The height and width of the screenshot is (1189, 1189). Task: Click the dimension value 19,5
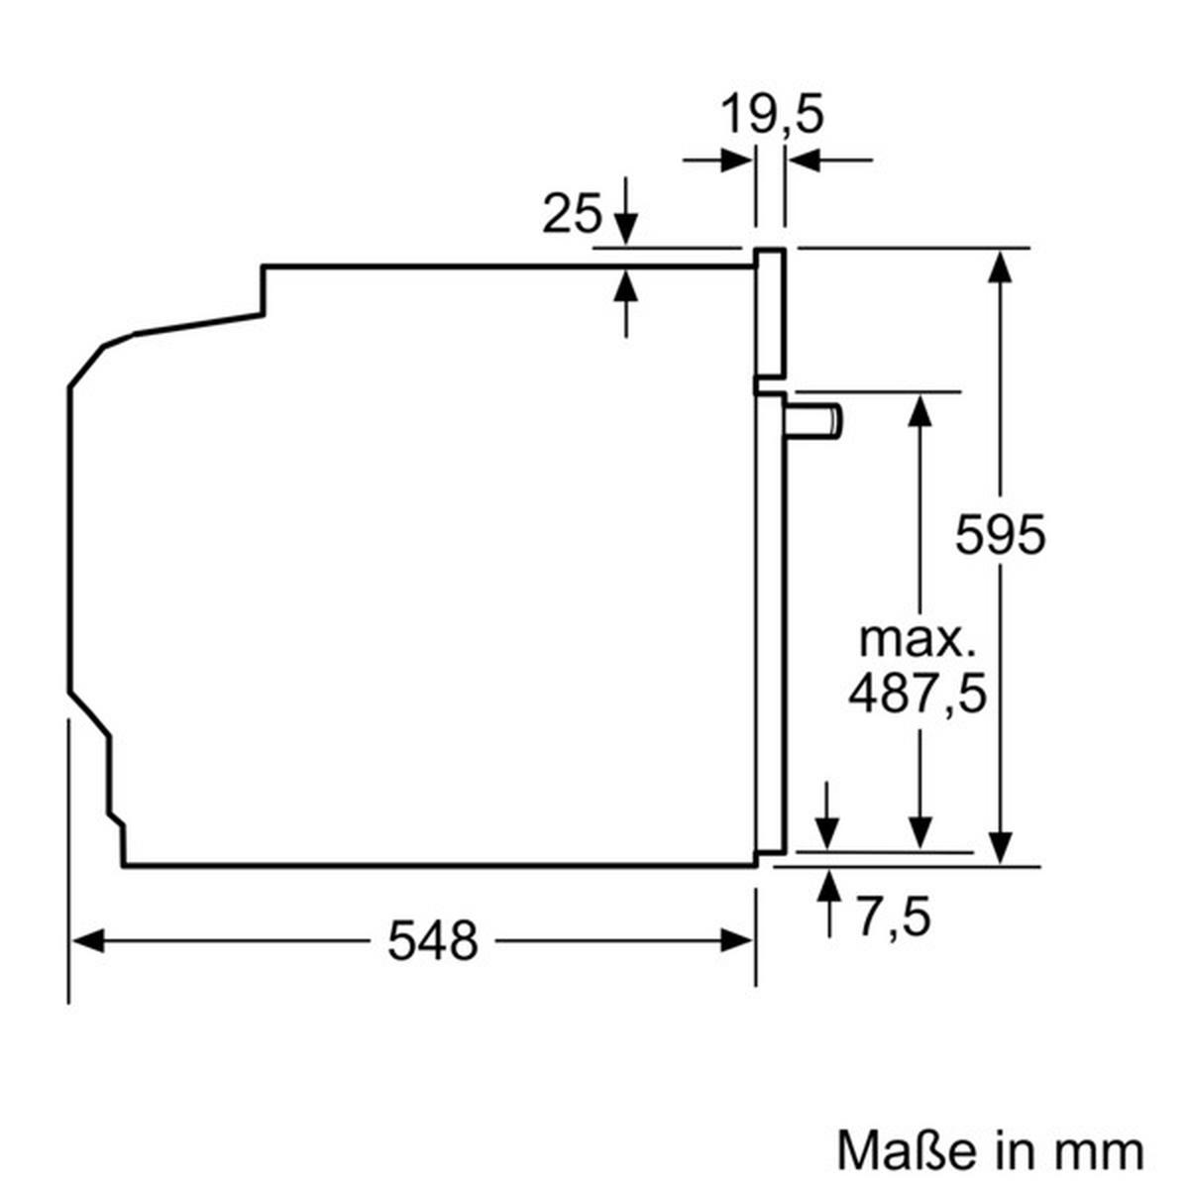771,116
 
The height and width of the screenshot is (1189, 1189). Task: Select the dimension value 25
572,214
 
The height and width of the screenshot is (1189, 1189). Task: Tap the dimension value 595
1000,536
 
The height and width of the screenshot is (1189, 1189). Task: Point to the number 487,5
918,693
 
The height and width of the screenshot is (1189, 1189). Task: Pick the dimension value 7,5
894,917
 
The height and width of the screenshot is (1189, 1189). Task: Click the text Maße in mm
989,1150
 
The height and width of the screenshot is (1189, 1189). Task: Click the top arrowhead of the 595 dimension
1003,266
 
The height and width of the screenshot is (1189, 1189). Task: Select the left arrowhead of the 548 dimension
87,939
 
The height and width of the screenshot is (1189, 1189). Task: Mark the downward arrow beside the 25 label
625,227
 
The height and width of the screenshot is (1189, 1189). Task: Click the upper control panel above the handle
771,312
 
